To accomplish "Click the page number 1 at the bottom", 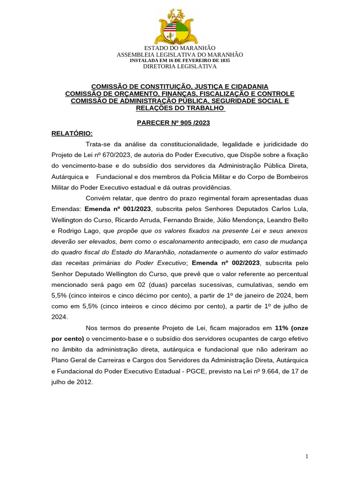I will click(x=307, y=457).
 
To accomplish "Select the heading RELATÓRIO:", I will click(x=72, y=133).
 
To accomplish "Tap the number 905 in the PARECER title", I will click(x=181, y=123).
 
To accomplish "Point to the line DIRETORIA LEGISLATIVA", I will click(x=180, y=67).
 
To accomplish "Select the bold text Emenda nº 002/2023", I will click(x=226, y=262).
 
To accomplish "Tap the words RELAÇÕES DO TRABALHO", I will click(x=180, y=108).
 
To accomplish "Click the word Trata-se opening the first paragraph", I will click(x=100, y=144).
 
